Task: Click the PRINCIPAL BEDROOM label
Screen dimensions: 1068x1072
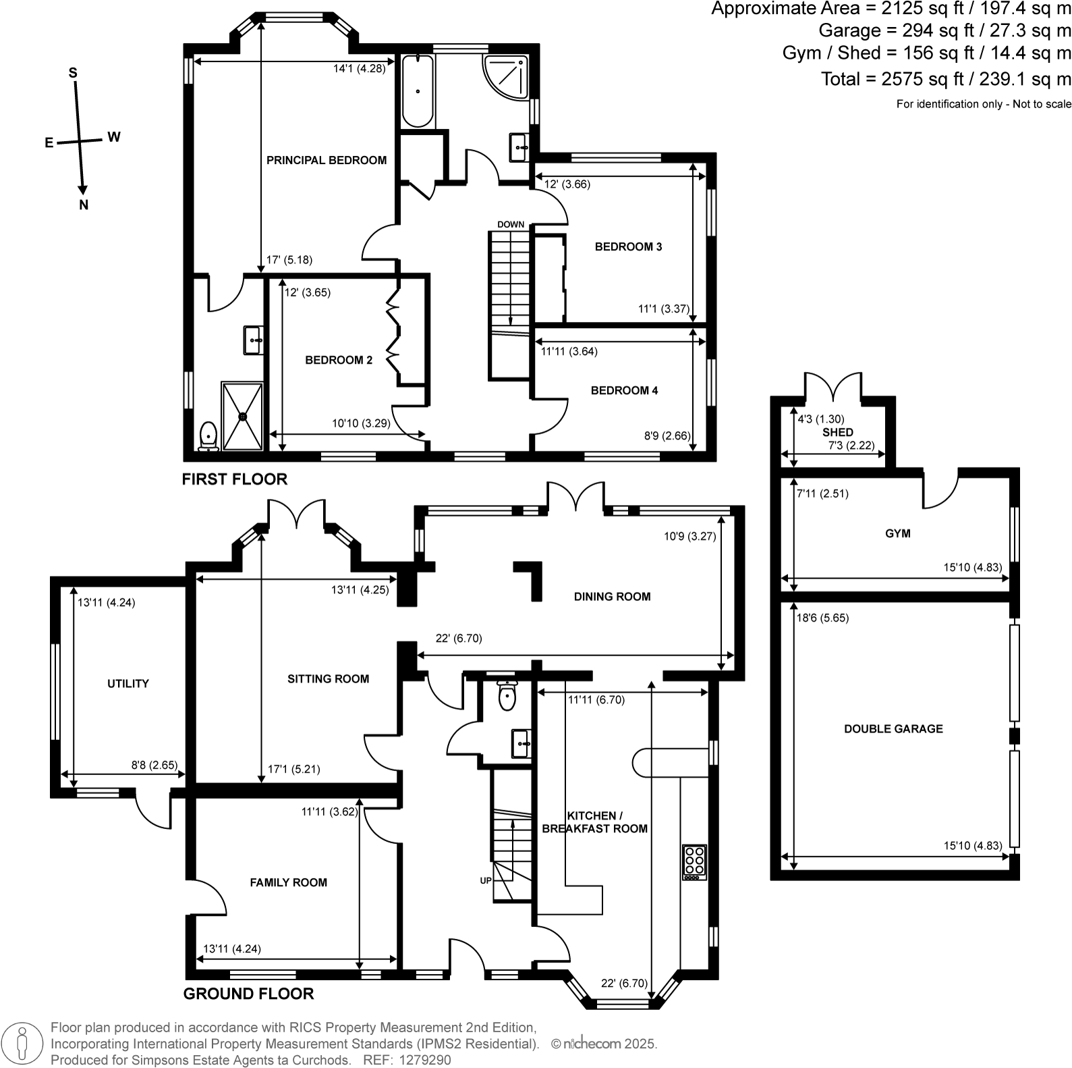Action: point(327,160)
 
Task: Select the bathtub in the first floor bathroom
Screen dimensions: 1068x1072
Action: point(418,91)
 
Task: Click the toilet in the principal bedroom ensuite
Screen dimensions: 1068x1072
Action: point(208,435)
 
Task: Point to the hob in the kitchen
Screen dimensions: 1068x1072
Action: point(694,862)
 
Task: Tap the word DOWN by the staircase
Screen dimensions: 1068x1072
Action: point(511,224)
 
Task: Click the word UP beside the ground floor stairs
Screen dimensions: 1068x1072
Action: point(486,880)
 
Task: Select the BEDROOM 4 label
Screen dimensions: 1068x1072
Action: point(624,390)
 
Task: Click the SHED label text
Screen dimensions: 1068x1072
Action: point(838,432)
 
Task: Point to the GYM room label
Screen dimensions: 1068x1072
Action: point(897,533)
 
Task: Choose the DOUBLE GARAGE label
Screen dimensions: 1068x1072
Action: point(893,728)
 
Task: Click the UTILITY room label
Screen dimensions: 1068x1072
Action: point(128,683)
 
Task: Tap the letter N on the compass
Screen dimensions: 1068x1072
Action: point(84,205)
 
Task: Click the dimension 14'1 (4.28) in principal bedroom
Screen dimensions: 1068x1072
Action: point(359,68)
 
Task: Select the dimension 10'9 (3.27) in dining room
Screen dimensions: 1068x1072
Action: point(689,537)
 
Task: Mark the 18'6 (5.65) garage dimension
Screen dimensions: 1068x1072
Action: point(822,618)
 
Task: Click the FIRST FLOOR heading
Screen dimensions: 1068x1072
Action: point(235,479)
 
